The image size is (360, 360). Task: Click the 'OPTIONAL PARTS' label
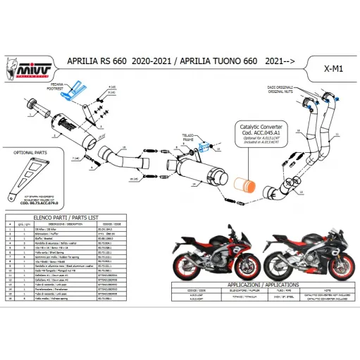click(28, 150)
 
